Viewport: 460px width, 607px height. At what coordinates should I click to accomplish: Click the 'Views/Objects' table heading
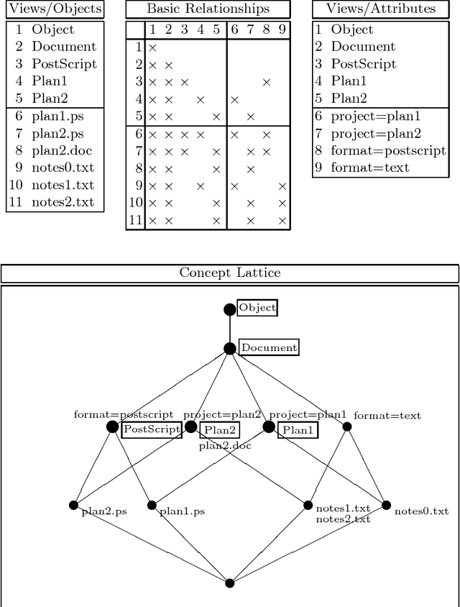[x=54, y=9]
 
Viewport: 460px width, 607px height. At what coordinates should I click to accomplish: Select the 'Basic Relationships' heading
[x=208, y=9]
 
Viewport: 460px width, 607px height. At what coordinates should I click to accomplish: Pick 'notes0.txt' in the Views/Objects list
[x=63, y=168]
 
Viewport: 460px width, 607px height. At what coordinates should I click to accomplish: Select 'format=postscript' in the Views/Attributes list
[x=388, y=150]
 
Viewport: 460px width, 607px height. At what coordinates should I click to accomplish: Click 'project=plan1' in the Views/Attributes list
[x=376, y=116]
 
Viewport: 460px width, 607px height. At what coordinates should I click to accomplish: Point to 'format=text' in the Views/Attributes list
[x=370, y=168]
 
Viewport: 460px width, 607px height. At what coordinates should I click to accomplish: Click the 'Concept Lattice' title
[x=229, y=273]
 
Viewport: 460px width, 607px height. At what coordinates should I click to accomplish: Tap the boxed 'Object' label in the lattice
[x=257, y=308]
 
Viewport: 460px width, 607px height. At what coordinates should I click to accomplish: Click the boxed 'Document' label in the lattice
[x=268, y=347]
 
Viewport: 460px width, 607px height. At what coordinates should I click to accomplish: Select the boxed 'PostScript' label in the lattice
[x=151, y=429]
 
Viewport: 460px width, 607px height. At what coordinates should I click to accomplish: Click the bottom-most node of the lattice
[x=230, y=583]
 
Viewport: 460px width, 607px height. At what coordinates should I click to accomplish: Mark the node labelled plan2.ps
[x=73, y=505]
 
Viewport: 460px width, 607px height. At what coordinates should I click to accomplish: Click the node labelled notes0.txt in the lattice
[x=386, y=505]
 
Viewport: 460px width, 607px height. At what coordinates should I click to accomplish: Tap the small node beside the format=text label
[x=347, y=426]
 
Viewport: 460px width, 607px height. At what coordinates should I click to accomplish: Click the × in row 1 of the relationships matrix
[x=152, y=47]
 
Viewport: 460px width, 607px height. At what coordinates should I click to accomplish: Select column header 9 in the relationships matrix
[x=282, y=29]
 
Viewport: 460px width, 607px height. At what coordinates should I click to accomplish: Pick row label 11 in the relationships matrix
[x=135, y=220]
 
